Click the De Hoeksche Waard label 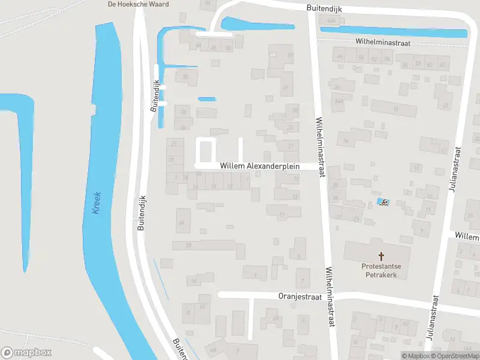point(137,4)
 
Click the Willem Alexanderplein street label point(259,166)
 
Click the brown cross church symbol point(380,256)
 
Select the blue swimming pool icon point(383,202)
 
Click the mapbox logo point(26,353)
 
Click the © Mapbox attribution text point(417,356)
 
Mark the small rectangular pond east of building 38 point(206,99)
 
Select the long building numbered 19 point(394,109)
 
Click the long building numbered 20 point(203,245)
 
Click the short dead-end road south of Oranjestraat point(250,318)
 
